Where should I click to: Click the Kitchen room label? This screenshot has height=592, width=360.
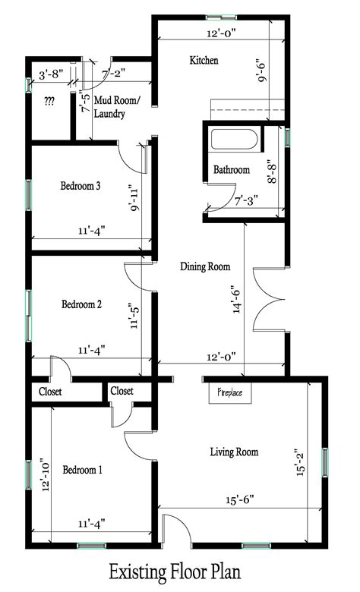204,60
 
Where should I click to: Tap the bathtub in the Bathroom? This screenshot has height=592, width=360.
234,140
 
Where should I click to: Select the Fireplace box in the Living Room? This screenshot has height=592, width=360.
230,393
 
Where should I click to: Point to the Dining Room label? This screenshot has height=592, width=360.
205,266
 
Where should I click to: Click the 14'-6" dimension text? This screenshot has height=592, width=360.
237,299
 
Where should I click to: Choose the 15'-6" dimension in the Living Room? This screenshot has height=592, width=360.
240,500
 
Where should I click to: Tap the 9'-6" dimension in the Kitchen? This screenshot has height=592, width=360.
261,71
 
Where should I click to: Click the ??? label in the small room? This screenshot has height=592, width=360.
49,101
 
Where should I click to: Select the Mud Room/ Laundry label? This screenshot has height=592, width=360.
117,107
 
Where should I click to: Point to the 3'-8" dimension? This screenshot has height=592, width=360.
51,74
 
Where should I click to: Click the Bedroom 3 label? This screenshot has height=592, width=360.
80,186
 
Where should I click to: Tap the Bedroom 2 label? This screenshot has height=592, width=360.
81,304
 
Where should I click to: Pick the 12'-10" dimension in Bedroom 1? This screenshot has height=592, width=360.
46,474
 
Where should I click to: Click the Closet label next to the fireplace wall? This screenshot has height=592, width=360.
122,391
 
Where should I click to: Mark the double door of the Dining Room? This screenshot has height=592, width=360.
268,300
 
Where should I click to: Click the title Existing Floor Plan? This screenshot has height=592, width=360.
175,572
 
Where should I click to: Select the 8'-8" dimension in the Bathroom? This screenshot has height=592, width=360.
272,172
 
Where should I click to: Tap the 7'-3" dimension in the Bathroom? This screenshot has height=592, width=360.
246,200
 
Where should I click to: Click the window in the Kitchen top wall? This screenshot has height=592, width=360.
221,17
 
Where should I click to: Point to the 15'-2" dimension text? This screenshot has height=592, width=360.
300,462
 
